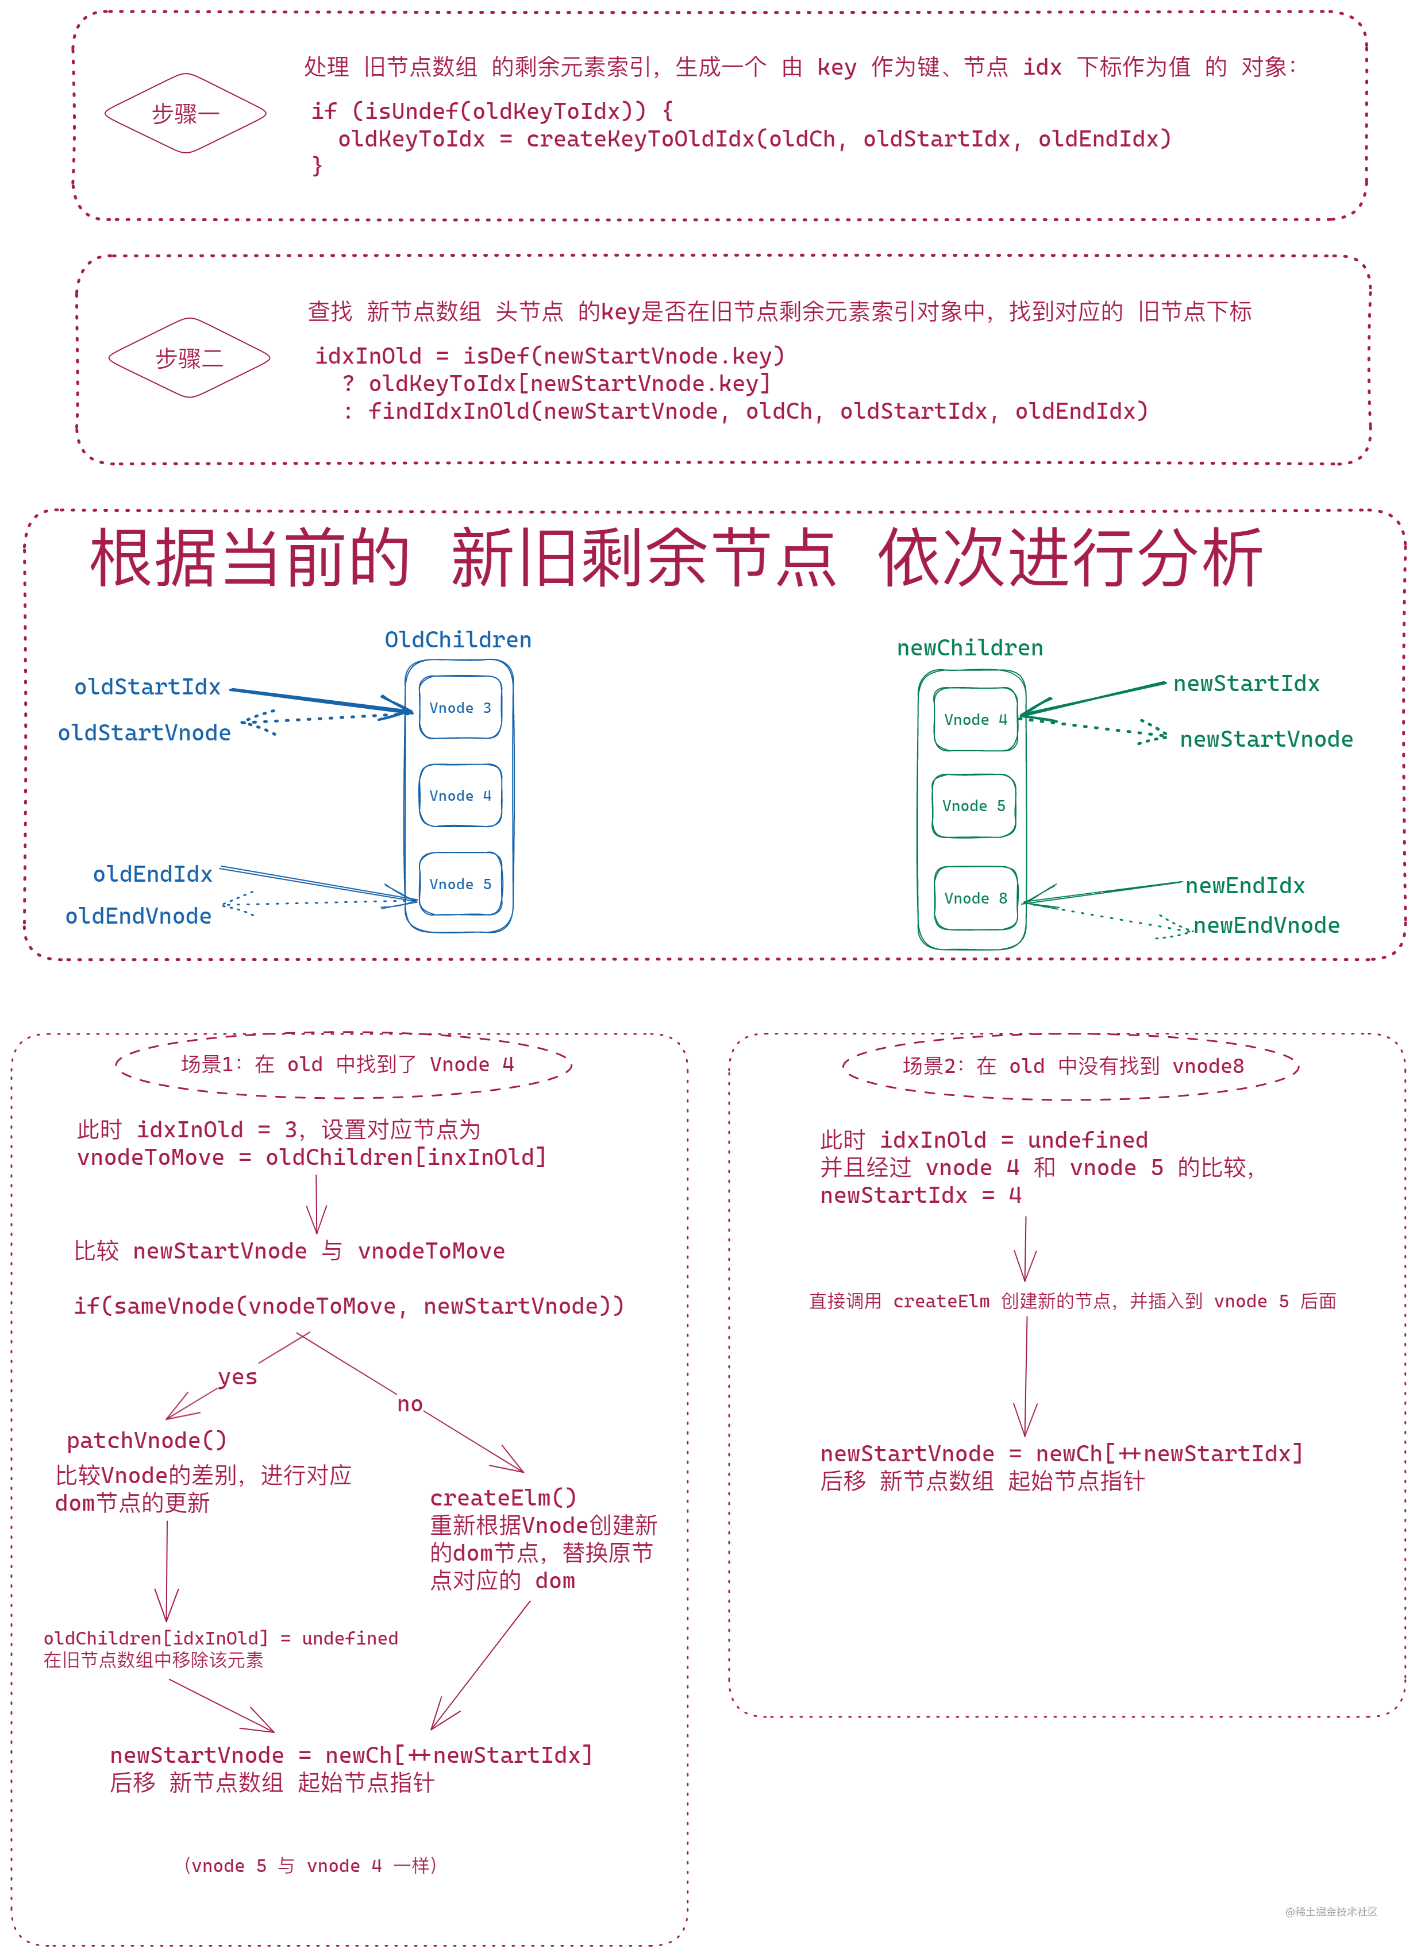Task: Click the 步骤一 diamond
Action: point(186,114)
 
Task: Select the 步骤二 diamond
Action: point(189,358)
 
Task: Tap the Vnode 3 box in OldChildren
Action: point(460,708)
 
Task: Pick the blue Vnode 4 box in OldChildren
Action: point(460,796)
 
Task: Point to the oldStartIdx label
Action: point(148,687)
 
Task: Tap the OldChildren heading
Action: point(457,639)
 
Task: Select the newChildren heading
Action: point(969,648)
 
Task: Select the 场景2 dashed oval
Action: point(1072,1067)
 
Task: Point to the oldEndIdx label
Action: point(153,874)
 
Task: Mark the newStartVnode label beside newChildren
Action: point(1266,739)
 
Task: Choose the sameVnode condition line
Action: point(349,1306)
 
